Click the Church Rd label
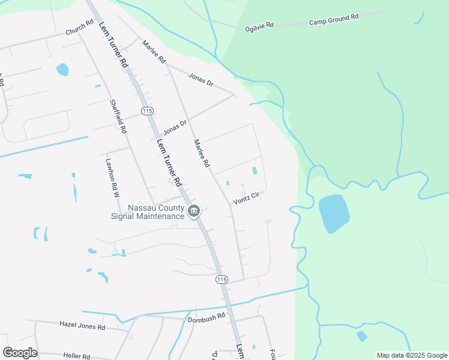[x=80, y=28]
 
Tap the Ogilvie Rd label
[x=259, y=27]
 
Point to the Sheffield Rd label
[x=118, y=116]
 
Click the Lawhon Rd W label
[x=112, y=178]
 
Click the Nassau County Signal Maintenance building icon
[x=194, y=211]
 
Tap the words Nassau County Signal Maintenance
[x=148, y=212]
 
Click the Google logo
[x=19, y=353]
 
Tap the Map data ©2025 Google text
[x=412, y=355]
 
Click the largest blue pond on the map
[x=333, y=213]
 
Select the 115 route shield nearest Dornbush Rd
[x=222, y=280]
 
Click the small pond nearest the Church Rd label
[x=62, y=70]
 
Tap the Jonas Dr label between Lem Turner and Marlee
[x=175, y=127]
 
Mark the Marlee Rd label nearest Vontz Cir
[x=202, y=154]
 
